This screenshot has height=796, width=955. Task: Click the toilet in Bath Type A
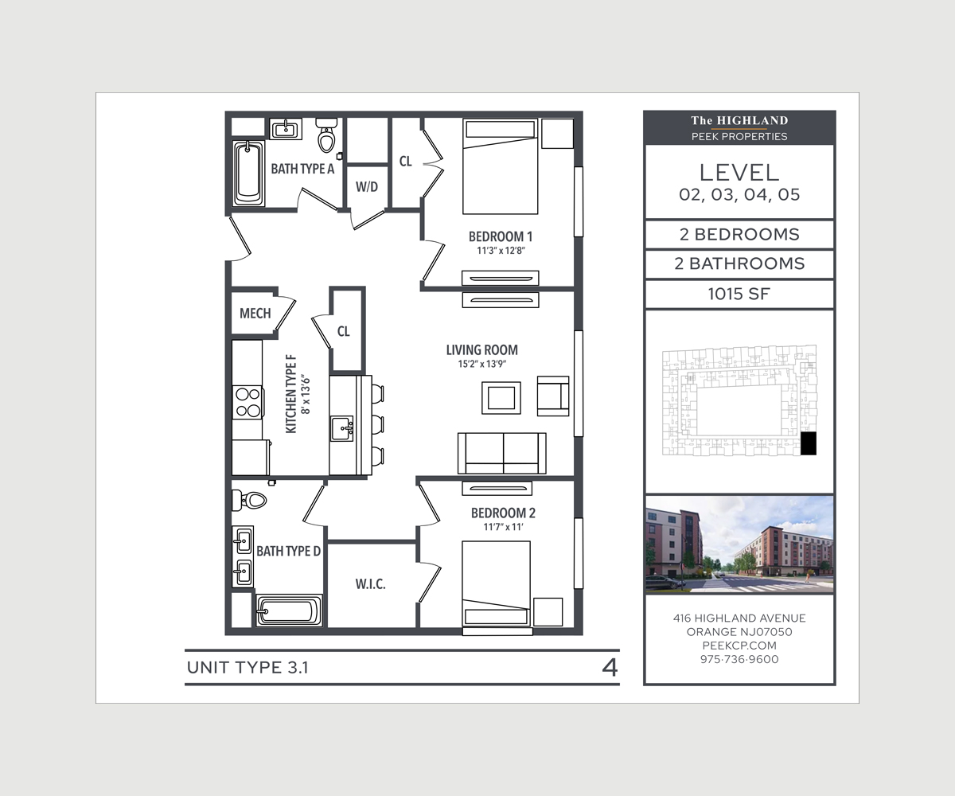click(326, 137)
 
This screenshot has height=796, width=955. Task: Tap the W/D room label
click(367, 187)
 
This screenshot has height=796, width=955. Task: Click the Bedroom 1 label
click(500, 236)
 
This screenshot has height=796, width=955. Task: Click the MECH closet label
click(255, 313)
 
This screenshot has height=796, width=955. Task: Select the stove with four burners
click(248, 402)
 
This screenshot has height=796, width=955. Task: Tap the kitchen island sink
click(343, 428)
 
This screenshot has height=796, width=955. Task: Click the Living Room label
click(481, 349)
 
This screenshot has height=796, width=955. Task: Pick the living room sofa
click(501, 452)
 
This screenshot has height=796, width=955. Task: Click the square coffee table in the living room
click(501, 397)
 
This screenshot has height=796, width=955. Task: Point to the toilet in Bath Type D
click(250, 500)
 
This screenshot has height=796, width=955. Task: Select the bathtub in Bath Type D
click(288, 612)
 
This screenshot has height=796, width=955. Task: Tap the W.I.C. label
click(370, 584)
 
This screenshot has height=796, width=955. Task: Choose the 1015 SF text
click(739, 294)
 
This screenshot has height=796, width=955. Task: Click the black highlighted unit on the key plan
click(808, 443)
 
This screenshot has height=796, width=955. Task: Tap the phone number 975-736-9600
click(739, 659)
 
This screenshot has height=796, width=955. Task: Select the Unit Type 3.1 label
click(248, 667)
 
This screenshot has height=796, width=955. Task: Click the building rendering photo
click(739, 545)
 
